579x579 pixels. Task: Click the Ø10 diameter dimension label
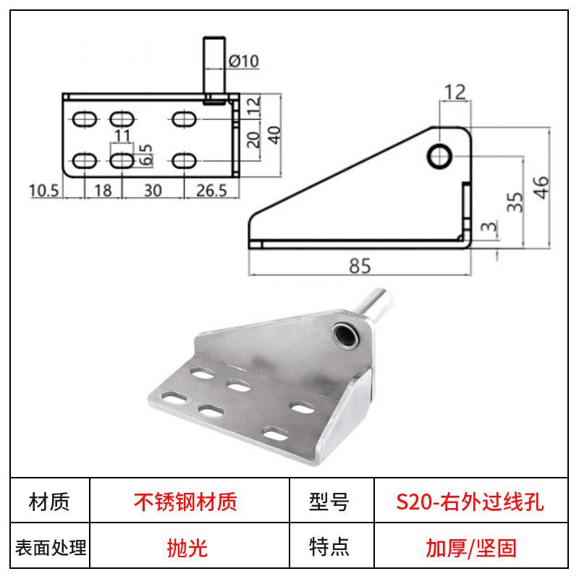coord(244,61)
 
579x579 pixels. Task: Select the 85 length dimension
coord(360,266)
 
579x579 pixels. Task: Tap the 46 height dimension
coord(541,187)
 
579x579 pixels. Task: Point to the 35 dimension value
coord(515,203)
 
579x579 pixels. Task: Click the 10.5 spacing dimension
coord(43,191)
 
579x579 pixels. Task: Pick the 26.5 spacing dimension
coord(211,190)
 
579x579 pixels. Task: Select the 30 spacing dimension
coord(153,190)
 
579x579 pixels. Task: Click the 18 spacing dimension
coord(103,190)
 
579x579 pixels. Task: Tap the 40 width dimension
coord(274,135)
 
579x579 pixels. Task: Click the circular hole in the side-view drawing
coord(439,156)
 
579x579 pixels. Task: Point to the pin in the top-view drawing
coord(214,70)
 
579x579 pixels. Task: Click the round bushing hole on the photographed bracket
coord(346,335)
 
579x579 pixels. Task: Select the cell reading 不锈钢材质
coord(185,502)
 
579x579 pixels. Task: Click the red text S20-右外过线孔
coord(470,502)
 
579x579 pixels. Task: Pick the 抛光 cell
coord(187,548)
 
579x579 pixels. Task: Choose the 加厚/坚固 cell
coord(471,548)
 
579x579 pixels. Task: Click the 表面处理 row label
coord(51,548)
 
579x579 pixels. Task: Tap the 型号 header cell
coord(329,502)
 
